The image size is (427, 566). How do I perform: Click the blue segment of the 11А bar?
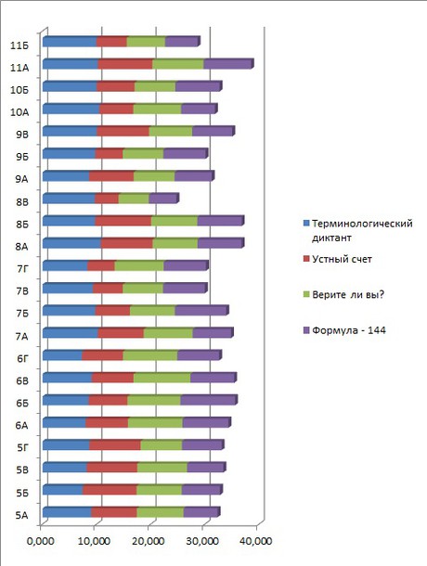coord(70,64)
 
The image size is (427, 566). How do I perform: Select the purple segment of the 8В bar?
coord(163,199)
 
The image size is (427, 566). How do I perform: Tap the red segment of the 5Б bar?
coord(110,490)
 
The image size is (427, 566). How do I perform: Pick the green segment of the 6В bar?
coord(162,378)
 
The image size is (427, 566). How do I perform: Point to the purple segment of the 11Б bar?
coord(183,42)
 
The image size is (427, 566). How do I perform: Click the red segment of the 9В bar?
coord(123,131)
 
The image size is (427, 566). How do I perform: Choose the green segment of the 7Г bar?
coord(139,265)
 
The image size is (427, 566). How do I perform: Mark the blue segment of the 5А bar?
coord(67,512)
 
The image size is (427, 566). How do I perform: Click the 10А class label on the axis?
coord(19,112)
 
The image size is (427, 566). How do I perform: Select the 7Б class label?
coord(22,314)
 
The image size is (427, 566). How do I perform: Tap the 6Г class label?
coord(22,358)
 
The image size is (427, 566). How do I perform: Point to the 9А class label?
coord(21,179)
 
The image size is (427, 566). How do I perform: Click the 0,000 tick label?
coord(41,541)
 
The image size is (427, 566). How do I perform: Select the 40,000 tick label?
coord(256,541)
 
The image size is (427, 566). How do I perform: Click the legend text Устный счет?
coord(342,259)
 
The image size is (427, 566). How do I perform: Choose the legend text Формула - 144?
coord(349,330)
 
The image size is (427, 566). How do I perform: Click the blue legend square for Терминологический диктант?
coord(306,224)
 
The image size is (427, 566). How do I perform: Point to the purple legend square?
coord(306,330)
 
